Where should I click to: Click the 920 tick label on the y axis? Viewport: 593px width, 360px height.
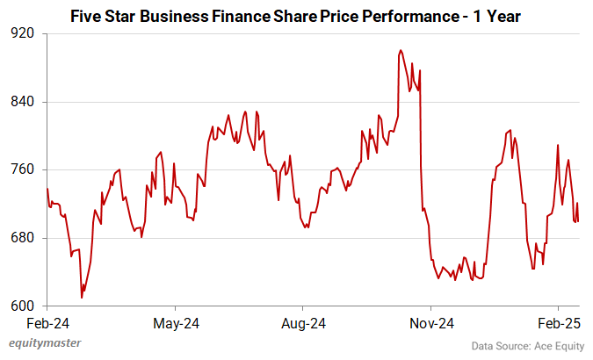pos(23,33)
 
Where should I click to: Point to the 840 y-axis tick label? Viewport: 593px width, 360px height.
pos(23,102)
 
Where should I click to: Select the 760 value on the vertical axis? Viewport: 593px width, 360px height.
pos(23,169)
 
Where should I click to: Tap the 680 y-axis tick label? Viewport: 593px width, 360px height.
pos(23,238)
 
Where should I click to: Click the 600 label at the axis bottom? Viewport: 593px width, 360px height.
pos(23,306)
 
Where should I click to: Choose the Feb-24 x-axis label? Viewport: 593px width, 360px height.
pos(47,324)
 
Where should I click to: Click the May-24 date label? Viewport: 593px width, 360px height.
pos(176,324)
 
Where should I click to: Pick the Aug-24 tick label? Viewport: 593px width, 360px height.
pos(303,324)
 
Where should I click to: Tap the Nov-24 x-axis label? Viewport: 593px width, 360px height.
pos(431,324)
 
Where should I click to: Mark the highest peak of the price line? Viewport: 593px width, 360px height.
pos(401,51)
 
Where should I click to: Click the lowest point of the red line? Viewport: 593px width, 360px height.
pos(82,298)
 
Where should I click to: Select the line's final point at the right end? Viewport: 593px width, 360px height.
pos(578,221)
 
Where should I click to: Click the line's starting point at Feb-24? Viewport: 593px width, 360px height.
pos(47,189)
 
